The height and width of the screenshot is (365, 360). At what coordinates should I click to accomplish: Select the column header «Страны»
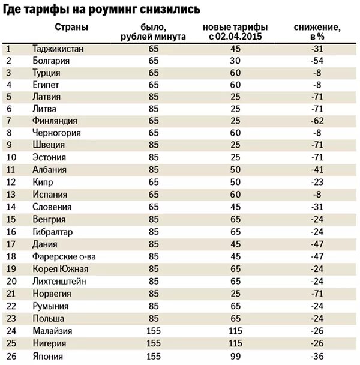[71, 28]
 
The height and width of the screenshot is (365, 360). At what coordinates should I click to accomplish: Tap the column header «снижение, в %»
[318, 32]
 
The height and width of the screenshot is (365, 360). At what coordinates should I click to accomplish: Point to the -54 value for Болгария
[318, 61]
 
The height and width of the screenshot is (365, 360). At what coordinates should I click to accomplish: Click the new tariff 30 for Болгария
[235, 61]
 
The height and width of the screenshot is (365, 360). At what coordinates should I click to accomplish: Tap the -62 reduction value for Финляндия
[318, 121]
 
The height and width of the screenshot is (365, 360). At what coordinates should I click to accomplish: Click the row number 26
[10, 356]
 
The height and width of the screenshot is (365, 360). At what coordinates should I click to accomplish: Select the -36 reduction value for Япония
[318, 356]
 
